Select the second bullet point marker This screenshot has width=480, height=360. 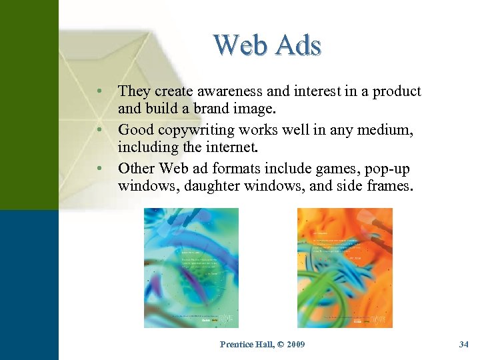point(98,127)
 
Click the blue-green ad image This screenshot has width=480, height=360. point(191,267)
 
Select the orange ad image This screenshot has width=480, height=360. point(345,267)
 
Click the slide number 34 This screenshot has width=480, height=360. point(464,345)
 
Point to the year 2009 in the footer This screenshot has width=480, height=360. point(294,345)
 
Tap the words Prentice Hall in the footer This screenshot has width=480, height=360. point(243,345)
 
